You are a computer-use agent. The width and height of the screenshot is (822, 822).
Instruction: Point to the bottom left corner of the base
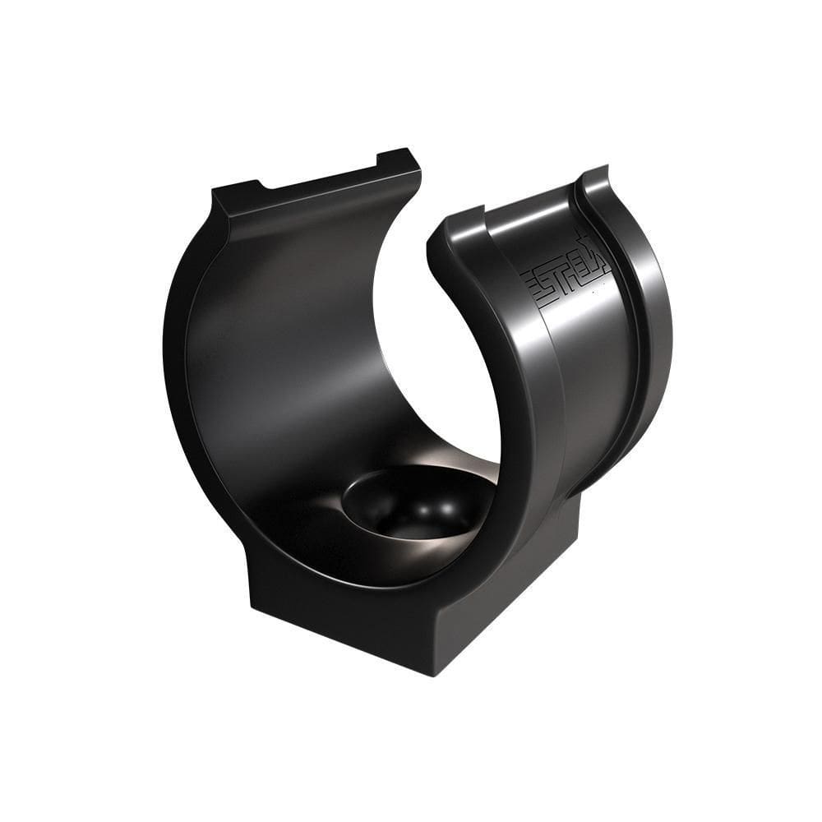point(250,605)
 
